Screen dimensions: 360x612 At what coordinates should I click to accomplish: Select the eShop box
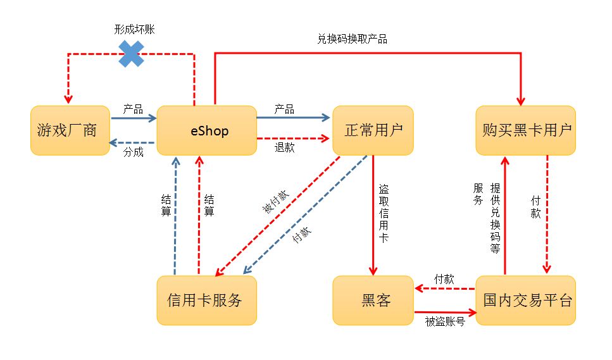[206, 130]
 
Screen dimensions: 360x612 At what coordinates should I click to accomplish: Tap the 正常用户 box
[373, 130]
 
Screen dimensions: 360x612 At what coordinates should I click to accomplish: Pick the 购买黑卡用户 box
[525, 130]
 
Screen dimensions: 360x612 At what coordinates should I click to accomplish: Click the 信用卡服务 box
[206, 300]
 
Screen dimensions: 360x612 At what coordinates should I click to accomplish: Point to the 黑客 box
[373, 300]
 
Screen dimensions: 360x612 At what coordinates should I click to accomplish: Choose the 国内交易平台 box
[525, 300]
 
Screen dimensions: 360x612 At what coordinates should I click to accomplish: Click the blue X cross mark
[132, 54]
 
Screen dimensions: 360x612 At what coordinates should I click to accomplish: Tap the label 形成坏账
[134, 30]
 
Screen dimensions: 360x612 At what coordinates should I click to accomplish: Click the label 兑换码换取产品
[352, 39]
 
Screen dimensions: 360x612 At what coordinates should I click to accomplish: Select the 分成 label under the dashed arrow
[133, 152]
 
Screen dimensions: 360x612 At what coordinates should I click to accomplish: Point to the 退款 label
[284, 147]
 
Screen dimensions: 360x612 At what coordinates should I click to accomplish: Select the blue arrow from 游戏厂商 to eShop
[133, 118]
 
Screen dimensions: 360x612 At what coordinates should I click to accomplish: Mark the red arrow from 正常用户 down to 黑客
[373, 215]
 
